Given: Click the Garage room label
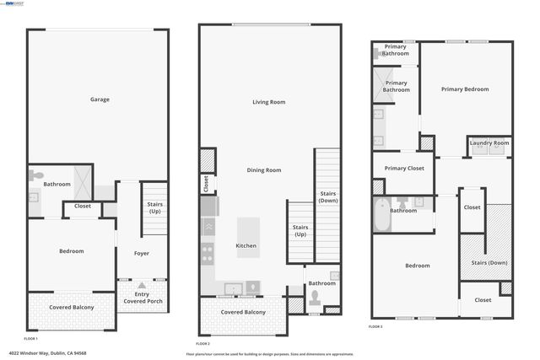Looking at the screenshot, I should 100,99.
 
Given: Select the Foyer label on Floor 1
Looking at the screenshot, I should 142,253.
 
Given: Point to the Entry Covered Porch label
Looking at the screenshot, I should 143,298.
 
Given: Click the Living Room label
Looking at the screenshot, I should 268,102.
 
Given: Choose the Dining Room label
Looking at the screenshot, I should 263,170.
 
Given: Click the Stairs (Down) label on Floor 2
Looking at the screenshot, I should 328,198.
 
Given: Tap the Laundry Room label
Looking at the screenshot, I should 489,143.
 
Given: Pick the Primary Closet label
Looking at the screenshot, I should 404,169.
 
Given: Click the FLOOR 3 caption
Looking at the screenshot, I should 376,326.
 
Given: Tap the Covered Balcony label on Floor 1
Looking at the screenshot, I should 71,307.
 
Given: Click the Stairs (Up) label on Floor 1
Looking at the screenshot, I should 154,207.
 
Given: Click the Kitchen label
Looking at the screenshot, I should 246,246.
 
